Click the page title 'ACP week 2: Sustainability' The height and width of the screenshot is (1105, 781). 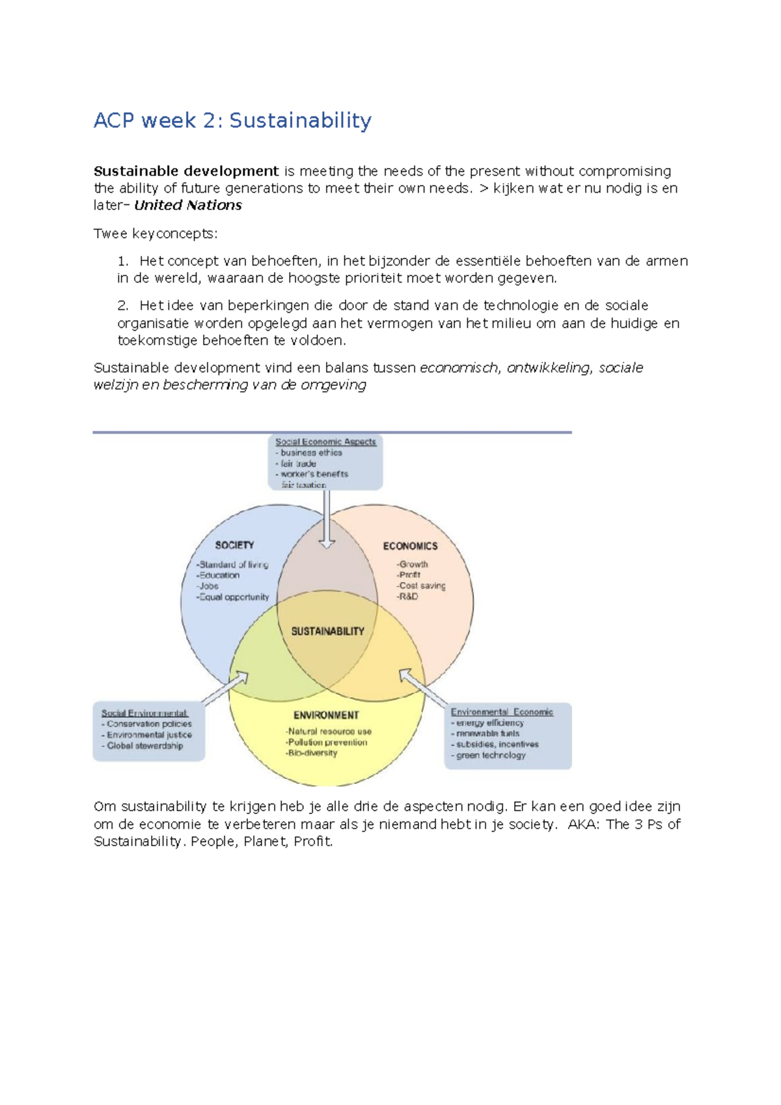pyautogui.click(x=232, y=120)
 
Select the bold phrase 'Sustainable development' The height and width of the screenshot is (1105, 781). pyautogui.click(x=186, y=171)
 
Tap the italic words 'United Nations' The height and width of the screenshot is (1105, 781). pyautogui.click(x=188, y=205)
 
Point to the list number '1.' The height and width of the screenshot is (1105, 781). pyautogui.click(x=124, y=261)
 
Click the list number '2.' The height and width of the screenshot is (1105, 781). pyautogui.click(x=124, y=305)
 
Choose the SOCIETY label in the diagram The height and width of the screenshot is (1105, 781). pyautogui.click(x=234, y=545)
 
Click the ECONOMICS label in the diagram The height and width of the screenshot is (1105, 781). pyautogui.click(x=410, y=546)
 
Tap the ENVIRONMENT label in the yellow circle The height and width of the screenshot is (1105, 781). pyautogui.click(x=326, y=715)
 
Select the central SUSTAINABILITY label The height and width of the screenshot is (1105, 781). pyautogui.click(x=327, y=631)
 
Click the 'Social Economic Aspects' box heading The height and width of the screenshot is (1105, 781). pyautogui.click(x=325, y=442)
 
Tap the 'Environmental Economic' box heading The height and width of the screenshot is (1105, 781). pyautogui.click(x=502, y=712)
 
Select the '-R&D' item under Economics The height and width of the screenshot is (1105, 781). pyautogui.click(x=407, y=596)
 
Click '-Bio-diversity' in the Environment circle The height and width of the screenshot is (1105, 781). pyautogui.click(x=312, y=753)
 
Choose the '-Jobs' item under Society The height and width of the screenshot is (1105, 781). pyautogui.click(x=208, y=586)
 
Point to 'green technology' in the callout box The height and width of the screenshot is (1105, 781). pyautogui.click(x=491, y=755)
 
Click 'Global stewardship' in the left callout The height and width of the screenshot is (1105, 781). pyautogui.click(x=144, y=746)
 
